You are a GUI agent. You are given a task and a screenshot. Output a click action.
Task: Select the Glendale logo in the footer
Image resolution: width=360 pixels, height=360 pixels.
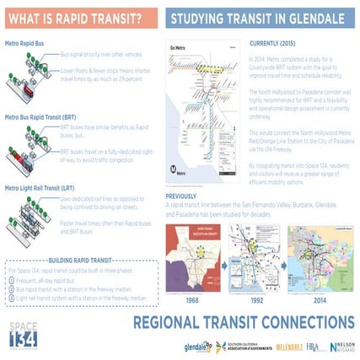[x=196, y=345]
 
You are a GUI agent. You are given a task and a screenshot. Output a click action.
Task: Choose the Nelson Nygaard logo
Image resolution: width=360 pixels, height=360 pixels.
[x=341, y=346]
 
